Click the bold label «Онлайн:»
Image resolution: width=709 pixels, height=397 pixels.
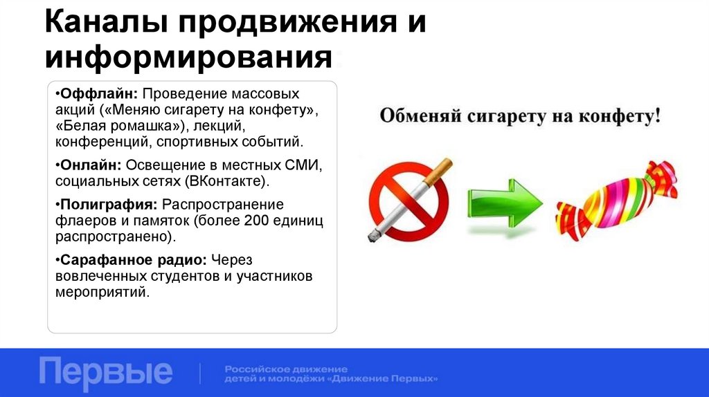tap(89, 166)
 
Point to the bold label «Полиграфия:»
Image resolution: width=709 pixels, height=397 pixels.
tap(107, 205)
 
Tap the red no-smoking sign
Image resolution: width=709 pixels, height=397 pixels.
tap(409, 201)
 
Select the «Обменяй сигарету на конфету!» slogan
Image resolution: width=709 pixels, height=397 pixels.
tap(519, 116)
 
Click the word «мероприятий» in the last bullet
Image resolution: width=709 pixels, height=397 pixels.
tap(101, 293)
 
